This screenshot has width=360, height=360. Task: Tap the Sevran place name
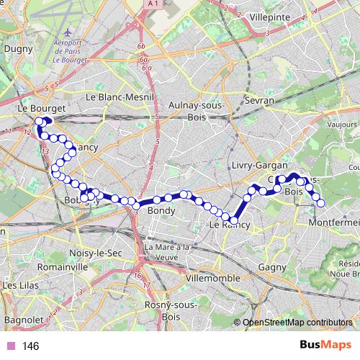coord(259,101)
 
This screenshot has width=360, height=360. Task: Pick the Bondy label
coord(161,212)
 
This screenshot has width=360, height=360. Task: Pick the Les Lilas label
coord(20,285)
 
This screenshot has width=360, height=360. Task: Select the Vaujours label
coord(341,124)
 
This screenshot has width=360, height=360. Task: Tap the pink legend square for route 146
coord(11,346)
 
